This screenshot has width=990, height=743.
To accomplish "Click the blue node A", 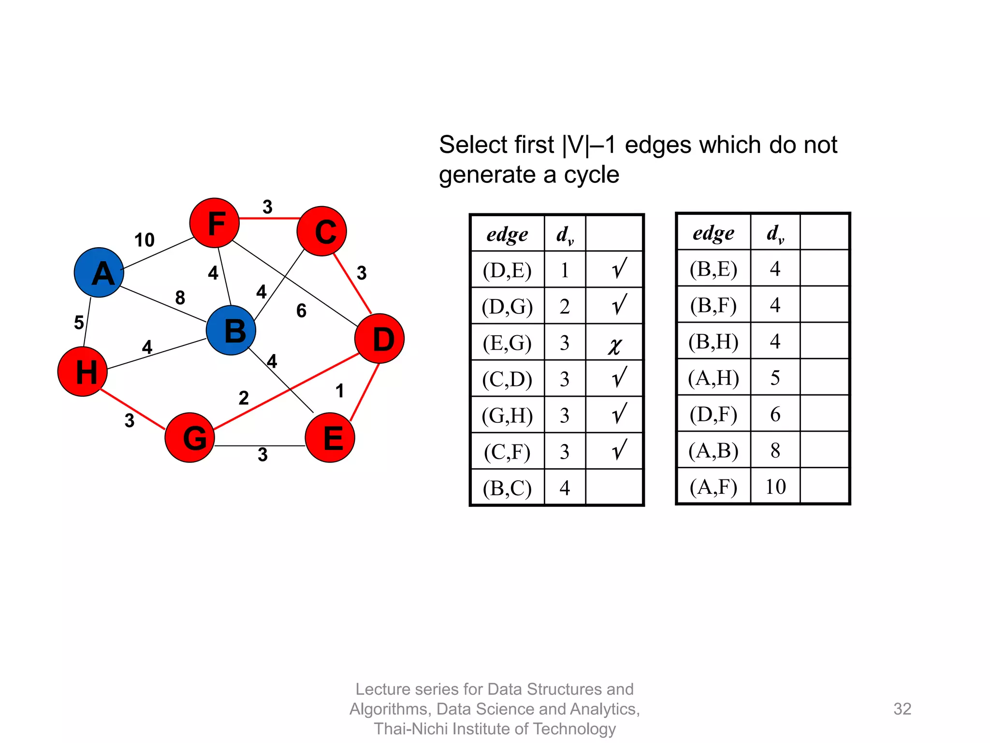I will click(x=99, y=272).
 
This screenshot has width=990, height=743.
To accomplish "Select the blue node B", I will click(x=231, y=330).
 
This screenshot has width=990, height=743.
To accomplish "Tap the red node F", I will click(x=215, y=223).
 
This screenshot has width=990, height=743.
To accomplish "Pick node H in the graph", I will click(x=83, y=371).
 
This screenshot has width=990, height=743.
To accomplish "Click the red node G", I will click(x=190, y=437).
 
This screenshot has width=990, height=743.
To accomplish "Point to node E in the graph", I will click(x=330, y=437).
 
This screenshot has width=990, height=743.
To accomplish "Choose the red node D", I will click(x=379, y=339).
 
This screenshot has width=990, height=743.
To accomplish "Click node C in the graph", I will click(x=322, y=231).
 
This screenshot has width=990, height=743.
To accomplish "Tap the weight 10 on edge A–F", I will click(x=144, y=240).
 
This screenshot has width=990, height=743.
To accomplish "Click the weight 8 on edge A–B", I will click(x=180, y=297).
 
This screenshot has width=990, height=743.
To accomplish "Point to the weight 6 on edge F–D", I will click(x=301, y=311).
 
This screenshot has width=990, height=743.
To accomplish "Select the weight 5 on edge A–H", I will click(x=79, y=322).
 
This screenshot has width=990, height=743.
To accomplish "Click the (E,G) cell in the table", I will click(x=507, y=342).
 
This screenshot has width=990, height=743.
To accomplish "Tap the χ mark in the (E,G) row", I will click(x=614, y=345).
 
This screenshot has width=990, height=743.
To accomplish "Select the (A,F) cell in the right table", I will click(x=713, y=487).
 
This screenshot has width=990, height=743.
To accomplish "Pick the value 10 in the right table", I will click(x=775, y=487).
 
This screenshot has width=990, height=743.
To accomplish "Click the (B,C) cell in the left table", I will click(x=507, y=488).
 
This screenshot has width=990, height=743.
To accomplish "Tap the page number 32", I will click(x=902, y=709).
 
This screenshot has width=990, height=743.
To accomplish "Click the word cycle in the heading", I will click(x=592, y=175).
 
